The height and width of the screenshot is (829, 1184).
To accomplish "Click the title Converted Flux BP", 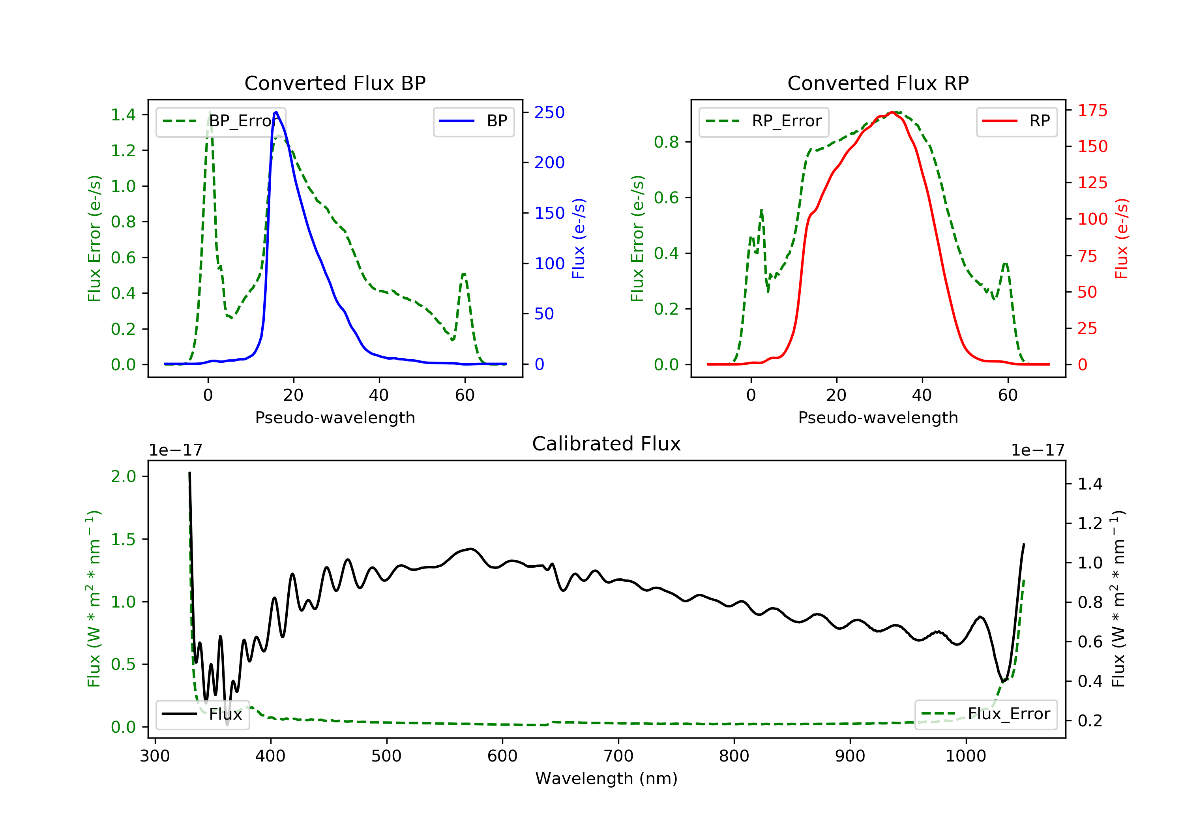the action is (335, 83).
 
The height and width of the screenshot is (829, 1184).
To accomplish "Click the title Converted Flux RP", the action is (878, 83).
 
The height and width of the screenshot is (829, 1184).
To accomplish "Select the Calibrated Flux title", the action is (607, 444).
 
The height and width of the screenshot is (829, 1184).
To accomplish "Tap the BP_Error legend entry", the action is (220, 121).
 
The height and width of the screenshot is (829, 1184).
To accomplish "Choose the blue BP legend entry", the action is (473, 121).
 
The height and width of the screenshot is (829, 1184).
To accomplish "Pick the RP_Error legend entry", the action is (764, 121).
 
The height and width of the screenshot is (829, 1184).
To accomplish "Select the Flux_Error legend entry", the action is (985, 714).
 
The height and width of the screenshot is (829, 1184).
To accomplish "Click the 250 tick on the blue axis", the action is (549, 113).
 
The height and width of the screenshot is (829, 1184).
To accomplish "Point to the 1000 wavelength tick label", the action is (965, 756).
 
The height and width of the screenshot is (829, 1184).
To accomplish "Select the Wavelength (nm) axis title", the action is (607, 778).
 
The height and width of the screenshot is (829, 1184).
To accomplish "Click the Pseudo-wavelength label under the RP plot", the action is (878, 418).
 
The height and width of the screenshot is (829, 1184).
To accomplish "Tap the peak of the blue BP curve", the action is (276, 112).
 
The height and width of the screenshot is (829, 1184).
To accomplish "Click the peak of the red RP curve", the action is (892, 113).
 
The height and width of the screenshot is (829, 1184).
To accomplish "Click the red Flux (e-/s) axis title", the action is (1121, 239).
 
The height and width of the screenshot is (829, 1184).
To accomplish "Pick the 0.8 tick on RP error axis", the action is (666, 142).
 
